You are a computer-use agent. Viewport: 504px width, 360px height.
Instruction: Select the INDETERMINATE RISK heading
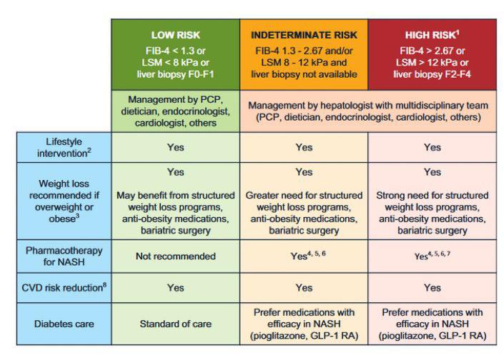tap(303, 34)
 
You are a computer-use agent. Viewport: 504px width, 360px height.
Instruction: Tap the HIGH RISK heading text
tap(431, 34)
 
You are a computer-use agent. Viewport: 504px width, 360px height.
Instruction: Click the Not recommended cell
tap(174, 256)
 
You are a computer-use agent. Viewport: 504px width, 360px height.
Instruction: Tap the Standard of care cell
tap(174, 324)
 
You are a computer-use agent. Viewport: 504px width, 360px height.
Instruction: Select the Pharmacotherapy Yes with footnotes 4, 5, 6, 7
tap(432, 256)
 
